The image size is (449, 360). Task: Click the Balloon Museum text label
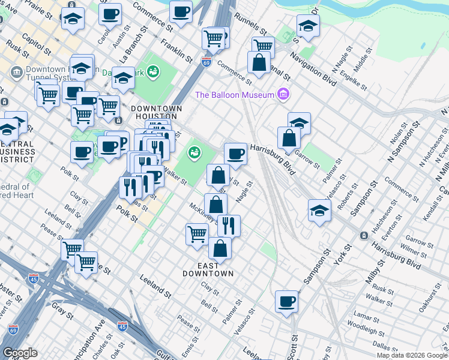(x=234, y=95)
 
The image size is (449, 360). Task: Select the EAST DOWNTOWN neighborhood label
(x=207, y=269)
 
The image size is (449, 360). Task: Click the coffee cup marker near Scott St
(x=286, y=301)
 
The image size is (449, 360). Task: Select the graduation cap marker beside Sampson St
(x=319, y=211)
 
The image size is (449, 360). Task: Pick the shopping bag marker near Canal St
(x=259, y=63)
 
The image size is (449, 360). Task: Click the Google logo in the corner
(x=20, y=353)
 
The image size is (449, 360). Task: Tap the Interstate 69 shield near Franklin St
(x=205, y=62)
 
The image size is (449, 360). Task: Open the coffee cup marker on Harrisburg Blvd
(x=235, y=154)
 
